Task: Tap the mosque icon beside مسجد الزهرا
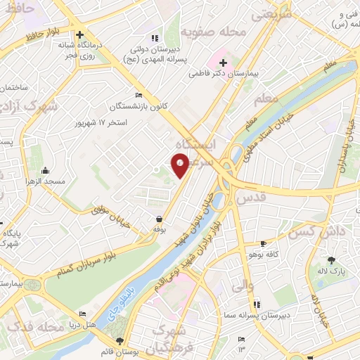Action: [45, 169]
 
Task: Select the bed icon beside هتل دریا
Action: [83, 314]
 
